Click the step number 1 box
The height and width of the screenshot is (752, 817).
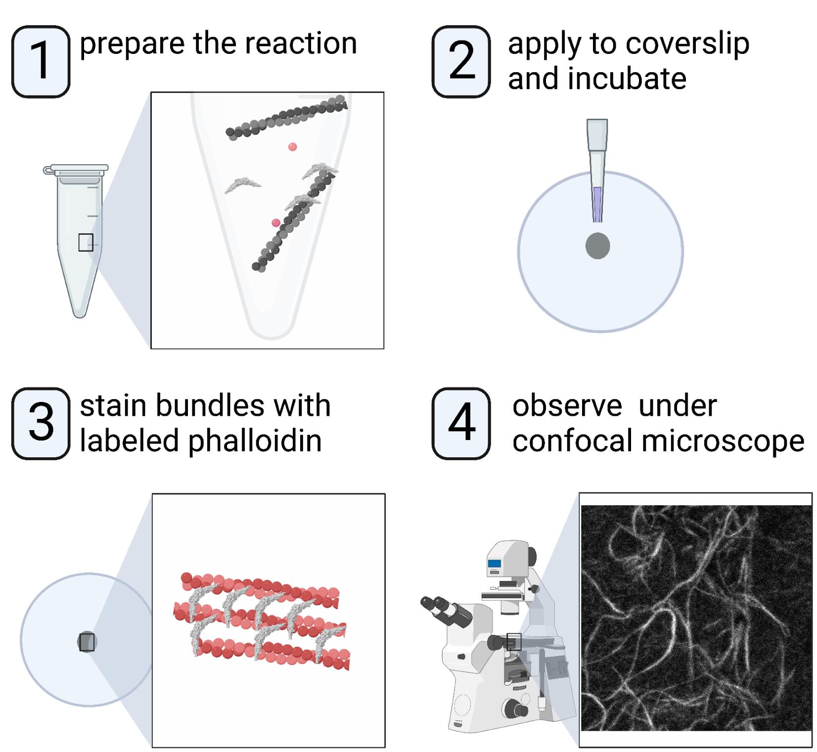pos(41,62)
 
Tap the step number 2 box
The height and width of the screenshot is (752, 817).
pos(461,62)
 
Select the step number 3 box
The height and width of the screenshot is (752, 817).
pos(41,424)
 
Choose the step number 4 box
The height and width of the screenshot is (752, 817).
pos(461,424)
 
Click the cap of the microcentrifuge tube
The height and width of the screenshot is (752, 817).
pos(76,170)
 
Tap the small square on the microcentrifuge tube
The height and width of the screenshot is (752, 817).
pos(86,242)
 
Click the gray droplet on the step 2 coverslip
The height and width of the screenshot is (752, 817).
pos(597,246)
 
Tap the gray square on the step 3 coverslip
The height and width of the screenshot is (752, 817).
pos(87,642)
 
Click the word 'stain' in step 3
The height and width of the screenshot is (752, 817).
pos(112,406)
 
